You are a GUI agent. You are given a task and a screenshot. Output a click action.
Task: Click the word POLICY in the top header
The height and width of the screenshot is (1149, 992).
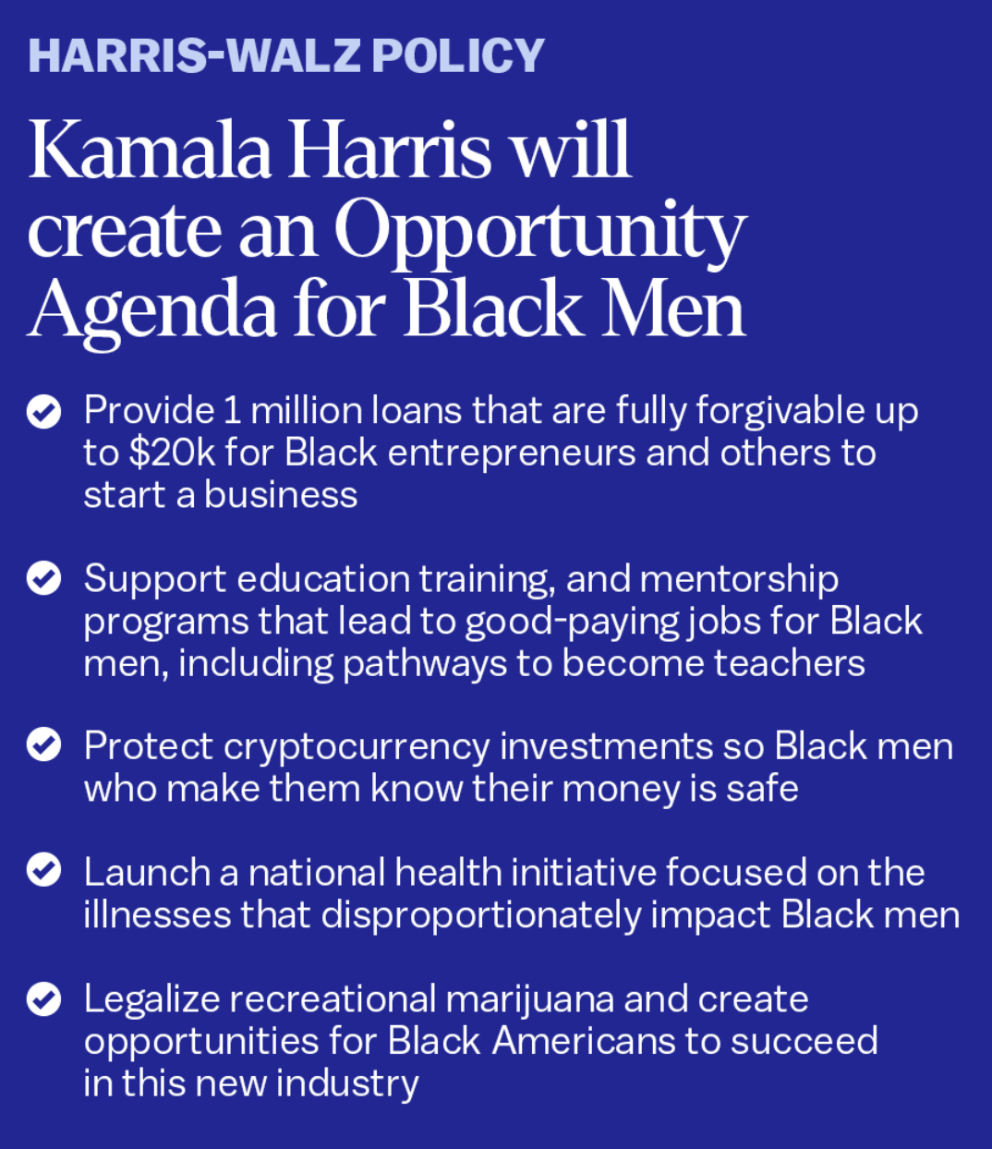click(x=457, y=55)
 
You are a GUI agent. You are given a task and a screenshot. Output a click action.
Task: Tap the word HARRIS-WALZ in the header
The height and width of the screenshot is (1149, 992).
click(x=194, y=55)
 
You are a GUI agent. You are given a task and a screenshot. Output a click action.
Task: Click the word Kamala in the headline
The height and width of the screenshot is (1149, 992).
click(x=151, y=150)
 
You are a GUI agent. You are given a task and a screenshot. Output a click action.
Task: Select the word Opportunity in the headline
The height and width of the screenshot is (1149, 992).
click(x=540, y=233)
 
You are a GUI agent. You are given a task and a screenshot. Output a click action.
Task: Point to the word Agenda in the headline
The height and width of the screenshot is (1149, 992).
click(x=151, y=312)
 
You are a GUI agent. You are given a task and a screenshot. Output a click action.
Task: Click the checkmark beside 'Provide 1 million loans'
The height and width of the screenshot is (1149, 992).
click(x=43, y=412)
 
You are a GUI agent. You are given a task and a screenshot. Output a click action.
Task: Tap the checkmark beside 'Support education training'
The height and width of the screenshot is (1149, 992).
click(x=43, y=578)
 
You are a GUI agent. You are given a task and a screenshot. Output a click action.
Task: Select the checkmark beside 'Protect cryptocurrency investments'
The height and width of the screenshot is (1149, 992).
click(x=43, y=744)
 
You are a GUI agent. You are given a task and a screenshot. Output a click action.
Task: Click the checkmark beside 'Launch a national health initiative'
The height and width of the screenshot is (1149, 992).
click(x=43, y=869)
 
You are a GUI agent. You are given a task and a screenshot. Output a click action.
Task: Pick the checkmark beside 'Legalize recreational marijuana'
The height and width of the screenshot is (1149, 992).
click(x=43, y=999)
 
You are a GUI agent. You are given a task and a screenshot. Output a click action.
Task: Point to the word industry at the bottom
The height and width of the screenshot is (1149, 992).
click(x=347, y=1085)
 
